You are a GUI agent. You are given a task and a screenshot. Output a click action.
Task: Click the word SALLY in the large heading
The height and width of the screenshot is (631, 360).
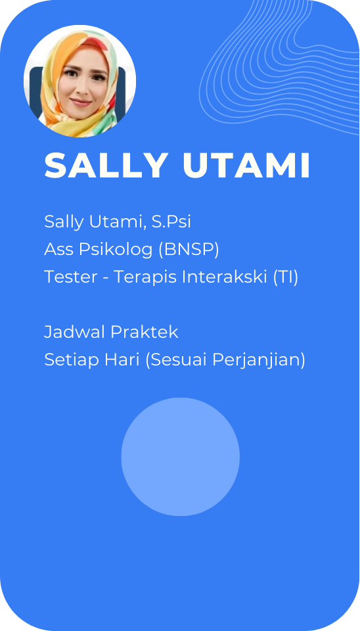106,165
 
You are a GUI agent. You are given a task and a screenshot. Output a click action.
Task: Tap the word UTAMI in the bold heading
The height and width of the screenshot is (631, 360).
246,165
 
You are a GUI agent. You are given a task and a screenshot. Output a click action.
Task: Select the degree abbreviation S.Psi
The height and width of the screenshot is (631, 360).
171,222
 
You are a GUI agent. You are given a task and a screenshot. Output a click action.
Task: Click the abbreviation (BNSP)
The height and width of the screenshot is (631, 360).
189,250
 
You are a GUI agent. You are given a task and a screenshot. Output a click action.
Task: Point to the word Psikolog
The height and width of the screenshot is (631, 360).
116,250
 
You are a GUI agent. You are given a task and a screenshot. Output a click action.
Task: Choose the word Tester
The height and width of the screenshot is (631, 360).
71,277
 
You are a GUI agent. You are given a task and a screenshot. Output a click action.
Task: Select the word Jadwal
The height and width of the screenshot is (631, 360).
75,333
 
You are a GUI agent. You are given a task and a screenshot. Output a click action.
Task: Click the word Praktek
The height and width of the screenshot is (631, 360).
145,333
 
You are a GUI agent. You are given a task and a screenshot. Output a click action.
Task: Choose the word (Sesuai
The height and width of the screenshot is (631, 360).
176,360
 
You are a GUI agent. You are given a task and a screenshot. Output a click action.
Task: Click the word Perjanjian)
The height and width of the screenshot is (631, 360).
259,361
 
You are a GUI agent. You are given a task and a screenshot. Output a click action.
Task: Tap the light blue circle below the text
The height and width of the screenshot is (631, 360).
181,457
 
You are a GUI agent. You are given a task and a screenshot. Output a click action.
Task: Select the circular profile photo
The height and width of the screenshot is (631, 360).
79,82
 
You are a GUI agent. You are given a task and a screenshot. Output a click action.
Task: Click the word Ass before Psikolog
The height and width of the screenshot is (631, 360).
59,250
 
